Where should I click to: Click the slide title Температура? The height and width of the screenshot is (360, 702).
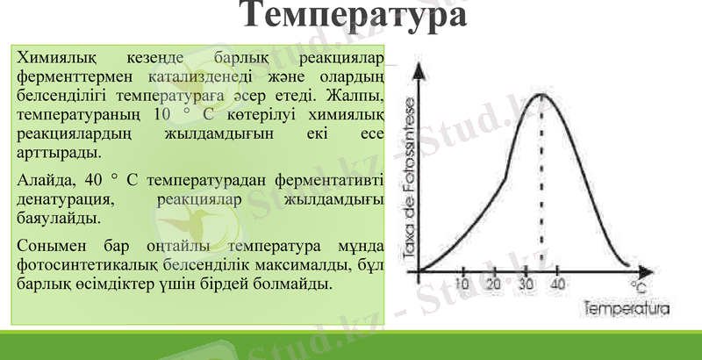(352, 17)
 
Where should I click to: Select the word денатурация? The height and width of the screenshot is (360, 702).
(62, 199)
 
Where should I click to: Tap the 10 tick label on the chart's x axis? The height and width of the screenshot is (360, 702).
(462, 284)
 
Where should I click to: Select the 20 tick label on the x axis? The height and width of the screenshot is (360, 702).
(493, 284)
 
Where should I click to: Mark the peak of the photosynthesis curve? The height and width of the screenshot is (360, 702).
(541, 95)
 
